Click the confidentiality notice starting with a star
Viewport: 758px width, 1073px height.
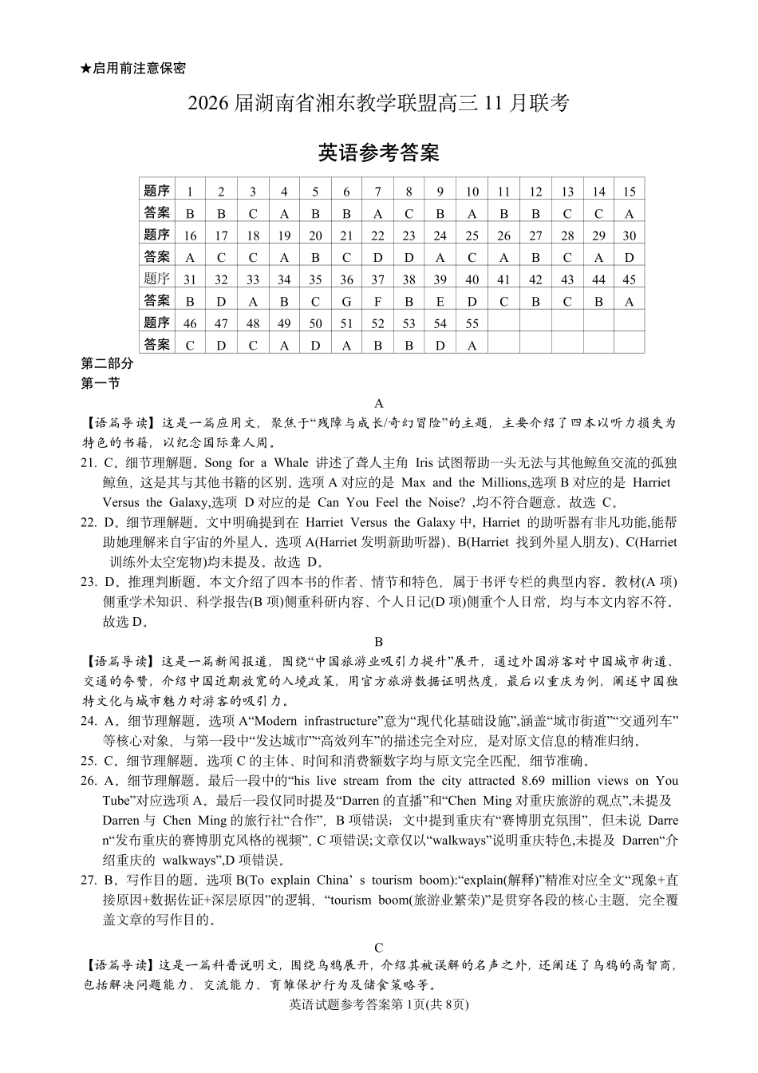[133, 69]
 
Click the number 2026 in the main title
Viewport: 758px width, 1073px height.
[210, 103]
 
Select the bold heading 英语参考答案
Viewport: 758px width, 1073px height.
[379, 152]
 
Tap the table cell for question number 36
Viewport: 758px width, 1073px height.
[346, 279]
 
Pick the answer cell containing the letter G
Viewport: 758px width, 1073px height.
[346, 301]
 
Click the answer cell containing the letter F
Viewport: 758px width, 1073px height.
[377, 301]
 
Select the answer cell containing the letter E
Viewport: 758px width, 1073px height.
[440, 301]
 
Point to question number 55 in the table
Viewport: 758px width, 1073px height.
[472, 323]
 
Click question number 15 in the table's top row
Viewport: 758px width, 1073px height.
[629, 192]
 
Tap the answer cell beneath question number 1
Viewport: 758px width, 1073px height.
[190, 214]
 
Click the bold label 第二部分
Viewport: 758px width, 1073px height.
[108, 364]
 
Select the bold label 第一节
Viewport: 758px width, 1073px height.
[101, 383]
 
